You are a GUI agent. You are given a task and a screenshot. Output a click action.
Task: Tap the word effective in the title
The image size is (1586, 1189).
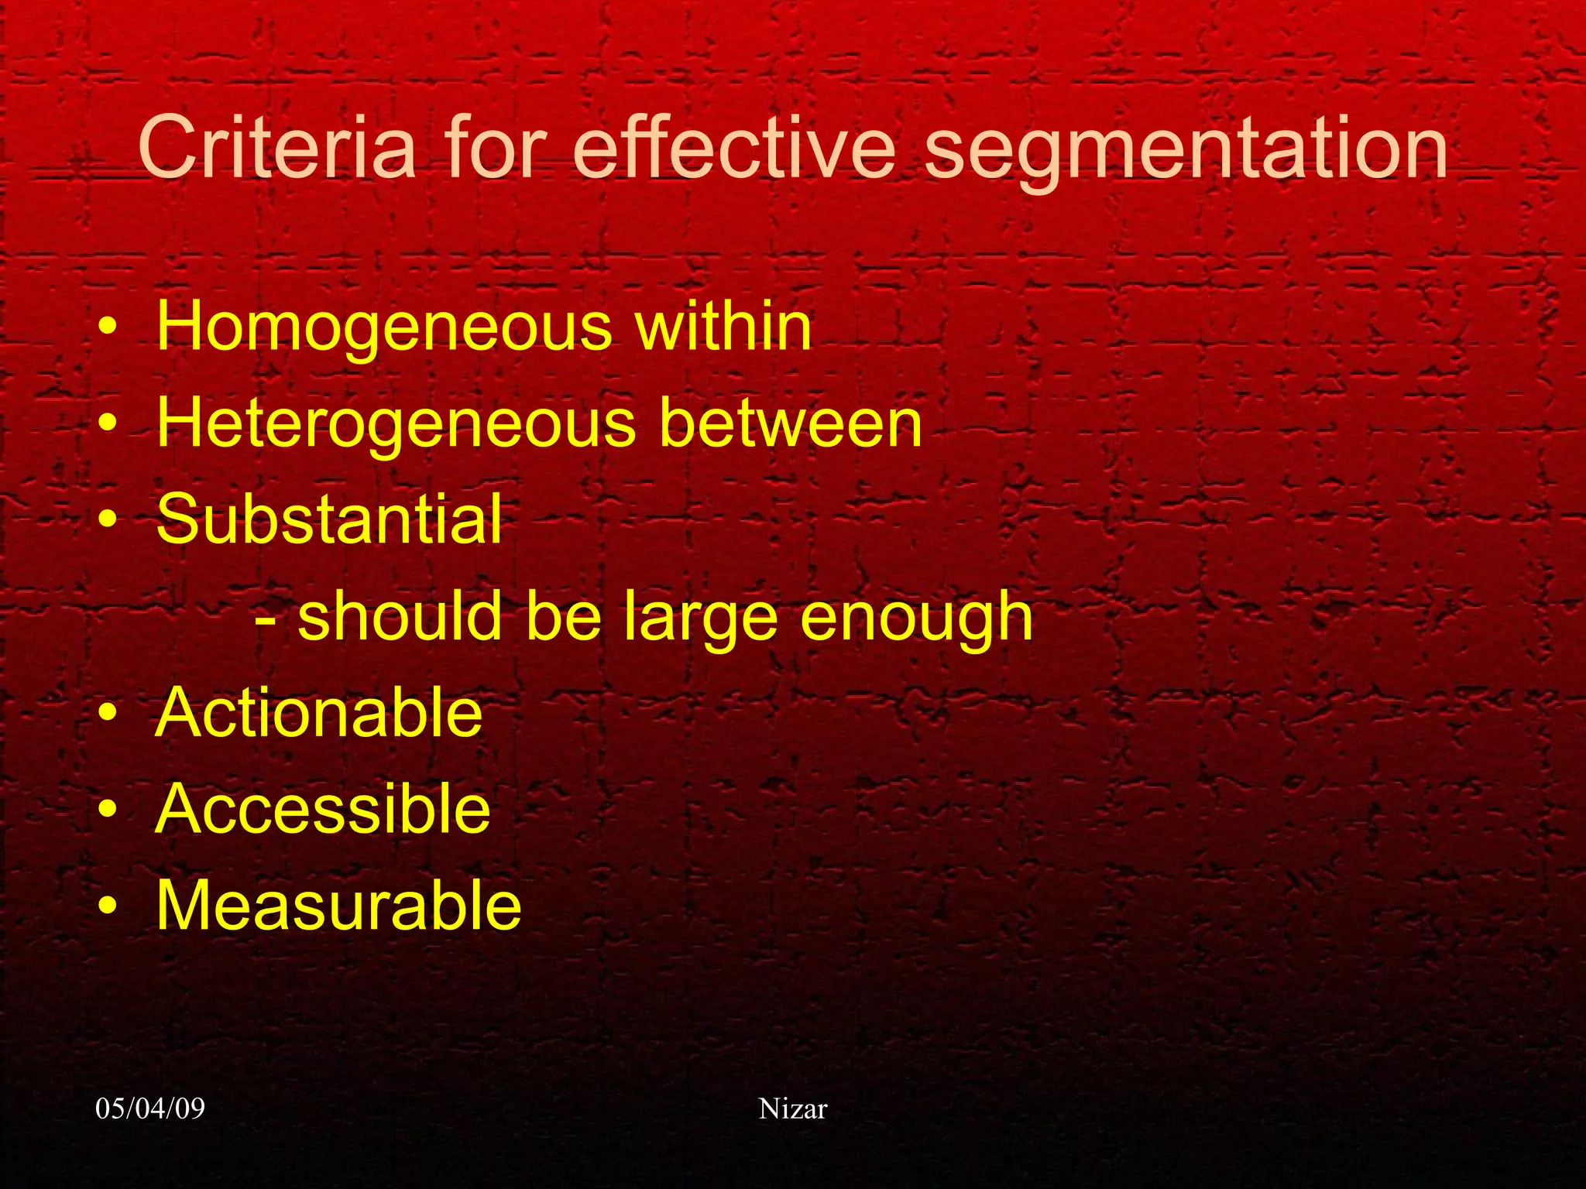733,147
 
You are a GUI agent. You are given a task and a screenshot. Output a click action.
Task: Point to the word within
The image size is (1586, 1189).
724,326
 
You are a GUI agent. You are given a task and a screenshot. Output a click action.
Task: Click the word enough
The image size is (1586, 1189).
917,619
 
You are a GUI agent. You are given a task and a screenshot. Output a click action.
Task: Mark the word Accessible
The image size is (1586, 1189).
323,809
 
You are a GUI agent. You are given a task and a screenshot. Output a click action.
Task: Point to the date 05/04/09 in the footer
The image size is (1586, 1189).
150,1108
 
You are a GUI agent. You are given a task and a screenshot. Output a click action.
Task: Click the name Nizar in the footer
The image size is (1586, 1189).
793,1108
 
